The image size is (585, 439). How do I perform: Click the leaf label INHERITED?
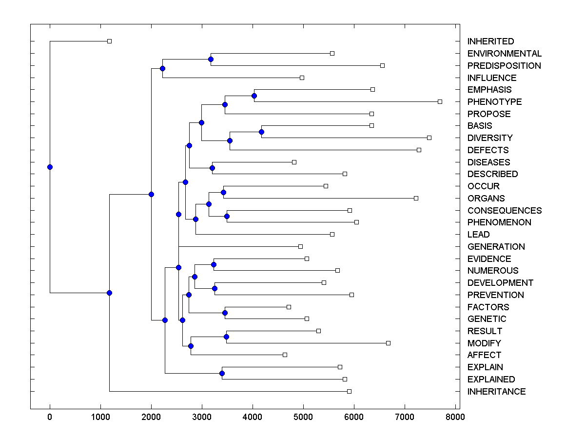tap(490, 41)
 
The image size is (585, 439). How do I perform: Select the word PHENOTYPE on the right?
tap(494, 102)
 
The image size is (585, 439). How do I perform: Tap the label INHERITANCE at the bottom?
tap(496, 392)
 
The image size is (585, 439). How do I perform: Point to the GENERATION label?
tap(496, 247)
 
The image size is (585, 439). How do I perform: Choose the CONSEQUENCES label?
tap(504, 211)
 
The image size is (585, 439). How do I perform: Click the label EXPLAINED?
tap(491, 379)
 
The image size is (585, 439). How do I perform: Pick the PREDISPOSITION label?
tap(504, 66)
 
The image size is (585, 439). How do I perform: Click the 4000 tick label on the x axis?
tap(253, 417)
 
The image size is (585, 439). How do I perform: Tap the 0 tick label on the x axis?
tap(50, 417)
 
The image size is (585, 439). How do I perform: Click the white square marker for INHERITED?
tap(109, 41)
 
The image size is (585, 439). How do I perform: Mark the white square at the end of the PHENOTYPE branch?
tap(440, 101)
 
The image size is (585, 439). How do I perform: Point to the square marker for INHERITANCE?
tap(349, 391)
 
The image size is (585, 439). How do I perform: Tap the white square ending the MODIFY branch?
tap(388, 343)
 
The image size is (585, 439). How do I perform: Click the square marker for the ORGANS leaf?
tap(416, 198)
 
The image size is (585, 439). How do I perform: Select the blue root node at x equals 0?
tap(50, 167)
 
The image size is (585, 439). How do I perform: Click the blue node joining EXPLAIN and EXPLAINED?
tap(222, 373)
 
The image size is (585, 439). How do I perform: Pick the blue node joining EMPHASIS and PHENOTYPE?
tap(254, 96)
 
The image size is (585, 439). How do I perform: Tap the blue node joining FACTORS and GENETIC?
tap(225, 313)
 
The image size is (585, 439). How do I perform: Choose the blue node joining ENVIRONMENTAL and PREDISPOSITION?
tap(211, 59)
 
